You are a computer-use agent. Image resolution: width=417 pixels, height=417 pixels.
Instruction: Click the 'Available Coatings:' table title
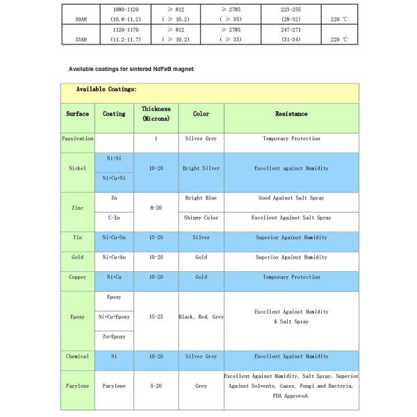106,89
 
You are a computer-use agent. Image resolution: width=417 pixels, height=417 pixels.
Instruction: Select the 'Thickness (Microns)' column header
156,114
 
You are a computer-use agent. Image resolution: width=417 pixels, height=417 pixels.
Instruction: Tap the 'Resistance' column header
291,114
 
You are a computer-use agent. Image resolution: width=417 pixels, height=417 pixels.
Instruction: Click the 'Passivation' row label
77,139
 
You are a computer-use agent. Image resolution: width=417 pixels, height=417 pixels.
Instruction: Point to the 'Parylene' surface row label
77,384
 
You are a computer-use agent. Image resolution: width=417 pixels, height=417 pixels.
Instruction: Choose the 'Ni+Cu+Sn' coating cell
114,238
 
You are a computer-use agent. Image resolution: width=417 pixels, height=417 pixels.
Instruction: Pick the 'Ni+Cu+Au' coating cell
114,257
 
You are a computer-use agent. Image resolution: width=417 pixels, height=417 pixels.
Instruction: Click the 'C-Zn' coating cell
114,218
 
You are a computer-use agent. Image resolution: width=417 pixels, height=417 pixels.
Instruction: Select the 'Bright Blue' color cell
201,198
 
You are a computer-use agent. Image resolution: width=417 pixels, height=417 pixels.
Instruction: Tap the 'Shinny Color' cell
201,218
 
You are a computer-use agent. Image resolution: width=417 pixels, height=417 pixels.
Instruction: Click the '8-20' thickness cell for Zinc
156,208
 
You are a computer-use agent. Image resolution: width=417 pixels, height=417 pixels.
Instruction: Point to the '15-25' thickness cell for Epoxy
156,317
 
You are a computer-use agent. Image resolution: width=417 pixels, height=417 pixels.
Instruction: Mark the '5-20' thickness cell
156,384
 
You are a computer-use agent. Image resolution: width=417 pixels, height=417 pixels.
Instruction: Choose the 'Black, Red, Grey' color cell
201,317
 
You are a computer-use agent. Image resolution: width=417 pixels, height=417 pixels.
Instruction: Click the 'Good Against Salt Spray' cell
291,198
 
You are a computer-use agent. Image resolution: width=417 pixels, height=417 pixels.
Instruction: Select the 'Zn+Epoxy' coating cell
114,336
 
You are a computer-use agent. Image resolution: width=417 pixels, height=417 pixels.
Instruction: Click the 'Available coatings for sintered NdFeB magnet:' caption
131,69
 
